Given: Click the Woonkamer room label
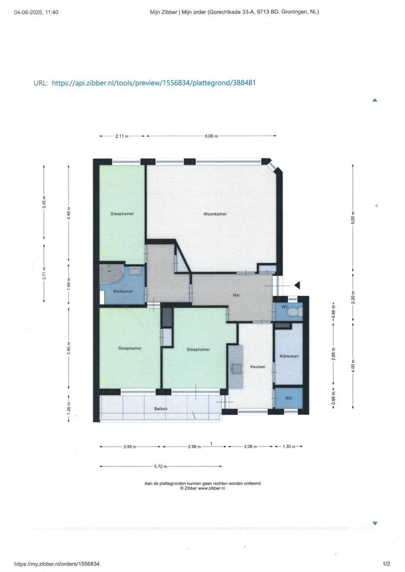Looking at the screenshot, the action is point(215,214).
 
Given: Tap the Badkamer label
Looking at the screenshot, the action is point(123,291).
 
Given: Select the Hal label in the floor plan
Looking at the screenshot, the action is point(236,295).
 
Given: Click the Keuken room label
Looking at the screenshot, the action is point(258,367).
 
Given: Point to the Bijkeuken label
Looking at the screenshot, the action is point(289,356).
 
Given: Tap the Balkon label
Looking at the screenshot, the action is point(161,408).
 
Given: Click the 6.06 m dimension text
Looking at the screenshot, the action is point(211,136).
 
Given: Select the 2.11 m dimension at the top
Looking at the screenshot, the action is point(122,136).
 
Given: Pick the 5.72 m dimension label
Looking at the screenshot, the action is point(161,467).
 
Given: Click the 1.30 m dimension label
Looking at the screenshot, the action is point(289,446).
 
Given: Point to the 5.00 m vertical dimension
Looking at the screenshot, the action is point(353,218).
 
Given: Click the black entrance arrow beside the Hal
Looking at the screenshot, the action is point(297,285).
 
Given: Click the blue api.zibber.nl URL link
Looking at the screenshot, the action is point(154,83).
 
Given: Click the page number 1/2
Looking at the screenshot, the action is point(386,564).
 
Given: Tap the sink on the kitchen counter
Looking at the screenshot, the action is point(236,369).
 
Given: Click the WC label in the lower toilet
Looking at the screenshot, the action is point(289,398).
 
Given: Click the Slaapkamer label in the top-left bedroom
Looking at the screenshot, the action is point(122,214).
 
